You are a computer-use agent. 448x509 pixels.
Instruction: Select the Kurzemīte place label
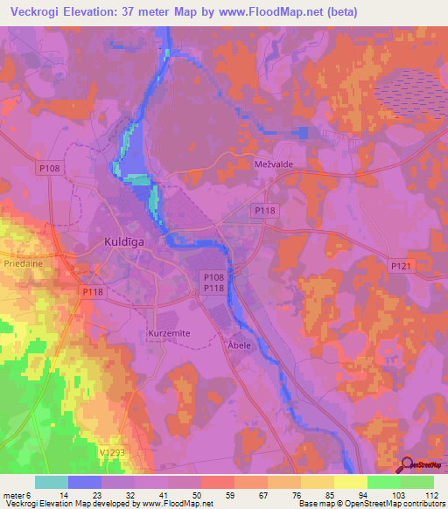[167, 334]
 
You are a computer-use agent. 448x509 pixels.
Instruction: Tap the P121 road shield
[400, 265]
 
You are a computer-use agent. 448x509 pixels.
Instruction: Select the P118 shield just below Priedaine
[92, 292]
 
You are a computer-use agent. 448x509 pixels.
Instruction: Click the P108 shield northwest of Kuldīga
[49, 167]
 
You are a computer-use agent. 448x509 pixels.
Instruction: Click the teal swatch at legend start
[51, 482]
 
